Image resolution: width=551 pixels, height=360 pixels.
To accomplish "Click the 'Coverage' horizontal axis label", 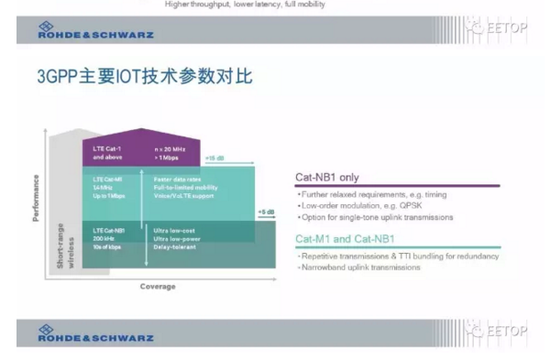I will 158,287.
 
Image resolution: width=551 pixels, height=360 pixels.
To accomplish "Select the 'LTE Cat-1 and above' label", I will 108,151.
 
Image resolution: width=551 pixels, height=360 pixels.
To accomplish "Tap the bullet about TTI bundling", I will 400,256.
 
